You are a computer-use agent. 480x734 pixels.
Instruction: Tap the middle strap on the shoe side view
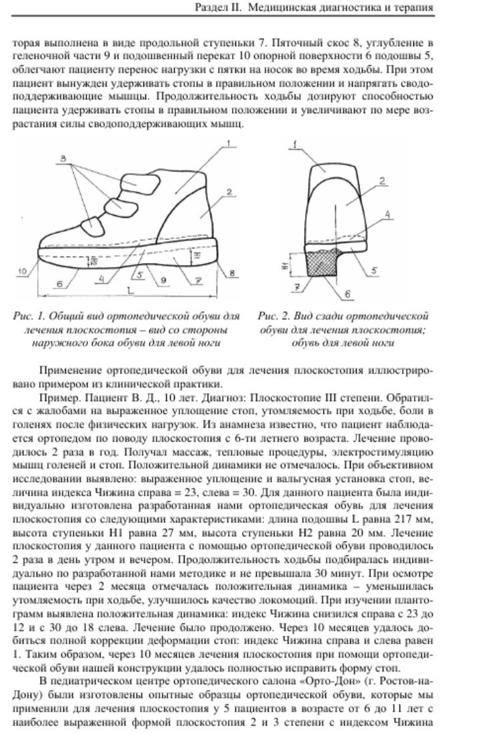coord(119,203)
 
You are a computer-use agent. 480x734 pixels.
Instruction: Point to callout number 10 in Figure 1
coord(23,271)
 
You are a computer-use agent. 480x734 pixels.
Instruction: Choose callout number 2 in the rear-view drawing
coord(383,181)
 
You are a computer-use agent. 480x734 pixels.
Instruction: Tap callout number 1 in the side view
coord(227,144)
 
